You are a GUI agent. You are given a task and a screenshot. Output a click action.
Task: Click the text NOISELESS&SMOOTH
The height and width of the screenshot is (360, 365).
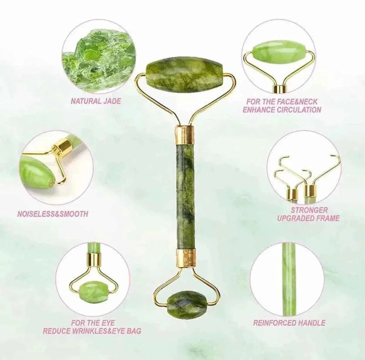click(x=53, y=214)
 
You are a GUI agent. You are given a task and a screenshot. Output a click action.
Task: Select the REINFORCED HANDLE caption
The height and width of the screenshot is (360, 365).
click(x=289, y=323)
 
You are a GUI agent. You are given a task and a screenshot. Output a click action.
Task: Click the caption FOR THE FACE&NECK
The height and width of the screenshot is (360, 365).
click(x=282, y=102)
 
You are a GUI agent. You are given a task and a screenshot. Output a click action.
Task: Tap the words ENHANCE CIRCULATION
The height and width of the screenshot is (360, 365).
click(x=282, y=109)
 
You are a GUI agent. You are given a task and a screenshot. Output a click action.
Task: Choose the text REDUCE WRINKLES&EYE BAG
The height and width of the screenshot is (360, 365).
click(x=92, y=331)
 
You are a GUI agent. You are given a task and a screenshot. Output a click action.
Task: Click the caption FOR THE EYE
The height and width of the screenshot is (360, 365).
click(x=93, y=322)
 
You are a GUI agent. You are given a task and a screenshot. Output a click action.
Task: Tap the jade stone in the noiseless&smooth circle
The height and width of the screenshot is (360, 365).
click(x=36, y=172)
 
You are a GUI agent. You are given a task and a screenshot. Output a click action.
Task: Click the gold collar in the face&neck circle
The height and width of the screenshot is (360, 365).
click(x=279, y=89)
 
